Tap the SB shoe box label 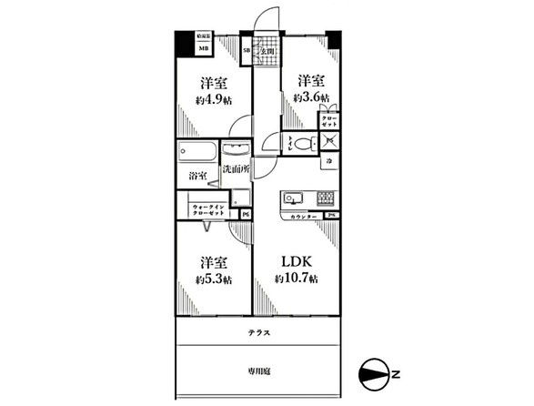246,49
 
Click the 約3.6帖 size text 311,96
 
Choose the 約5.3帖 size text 213,279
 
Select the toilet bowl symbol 301,143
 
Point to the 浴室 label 196,174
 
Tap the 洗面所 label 236,168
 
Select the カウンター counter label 304,215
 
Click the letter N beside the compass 396,372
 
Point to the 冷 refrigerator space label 329,161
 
